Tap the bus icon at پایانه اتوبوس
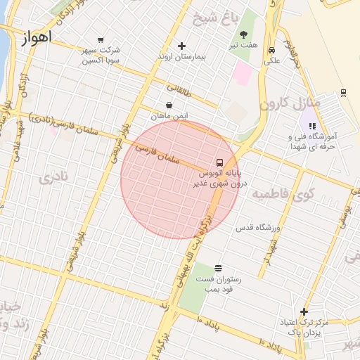tap(221, 162)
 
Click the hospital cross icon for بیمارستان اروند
tap(181, 46)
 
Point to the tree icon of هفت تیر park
tap(244, 34)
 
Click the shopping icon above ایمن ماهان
tap(169, 105)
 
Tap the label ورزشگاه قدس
tap(258, 228)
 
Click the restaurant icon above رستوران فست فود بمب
tap(218, 268)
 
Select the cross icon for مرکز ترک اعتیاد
tap(304, 312)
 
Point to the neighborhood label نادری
tap(56, 178)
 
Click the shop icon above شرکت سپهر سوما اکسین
tap(101, 40)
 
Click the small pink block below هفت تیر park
tap(242, 74)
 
